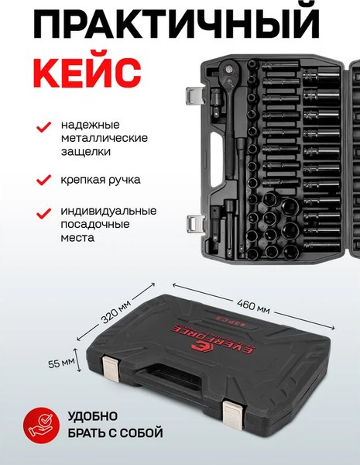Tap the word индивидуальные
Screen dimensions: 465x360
(108, 211)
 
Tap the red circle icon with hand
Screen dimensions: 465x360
(39, 422)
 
